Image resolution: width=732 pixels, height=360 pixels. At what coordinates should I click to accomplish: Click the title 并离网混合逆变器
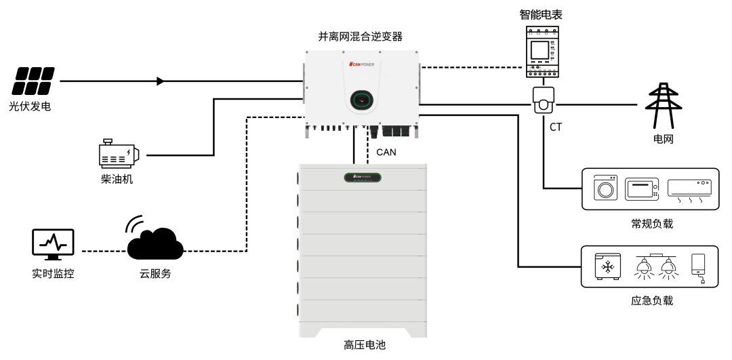[x=360, y=36]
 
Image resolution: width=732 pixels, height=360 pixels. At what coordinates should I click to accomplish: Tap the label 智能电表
[x=540, y=14]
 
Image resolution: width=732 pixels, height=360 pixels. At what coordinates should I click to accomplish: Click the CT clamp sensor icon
[x=544, y=100]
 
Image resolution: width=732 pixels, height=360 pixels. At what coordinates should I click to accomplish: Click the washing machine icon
[x=605, y=188]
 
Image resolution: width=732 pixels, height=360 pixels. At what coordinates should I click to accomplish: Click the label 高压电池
[x=364, y=346]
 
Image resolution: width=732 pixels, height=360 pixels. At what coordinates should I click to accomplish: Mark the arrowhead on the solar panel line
[x=161, y=81]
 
